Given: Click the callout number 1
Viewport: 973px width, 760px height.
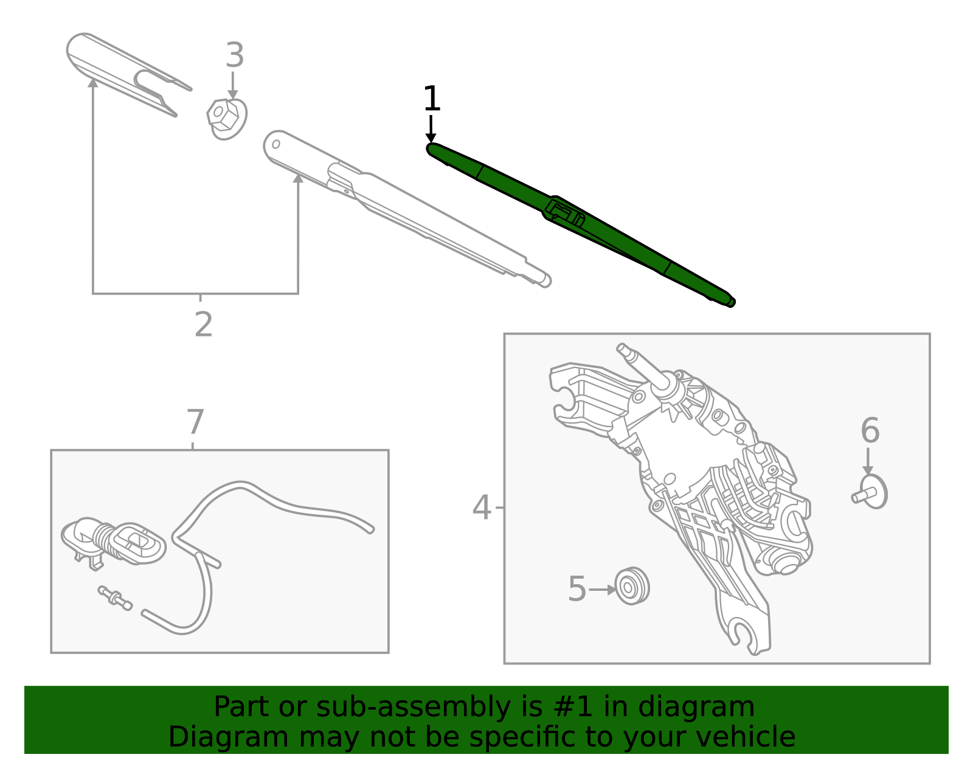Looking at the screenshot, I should coord(431,99).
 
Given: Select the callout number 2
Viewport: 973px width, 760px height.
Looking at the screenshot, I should coord(204,324).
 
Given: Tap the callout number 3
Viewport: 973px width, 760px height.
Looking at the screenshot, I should coord(234,55).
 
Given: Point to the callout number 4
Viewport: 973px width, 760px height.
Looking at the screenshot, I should coord(481,507).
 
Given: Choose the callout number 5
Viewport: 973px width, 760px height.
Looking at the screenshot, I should coord(577,589).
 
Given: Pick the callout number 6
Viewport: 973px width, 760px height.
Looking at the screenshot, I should coord(870,431).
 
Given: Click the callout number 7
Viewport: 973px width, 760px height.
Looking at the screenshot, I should coord(195,422).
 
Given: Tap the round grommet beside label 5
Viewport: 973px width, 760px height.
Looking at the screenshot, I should coord(632,586).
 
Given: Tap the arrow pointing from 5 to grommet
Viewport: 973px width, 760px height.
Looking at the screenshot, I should coord(602,590).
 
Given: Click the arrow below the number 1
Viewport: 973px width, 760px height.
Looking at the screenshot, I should coord(431,129).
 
